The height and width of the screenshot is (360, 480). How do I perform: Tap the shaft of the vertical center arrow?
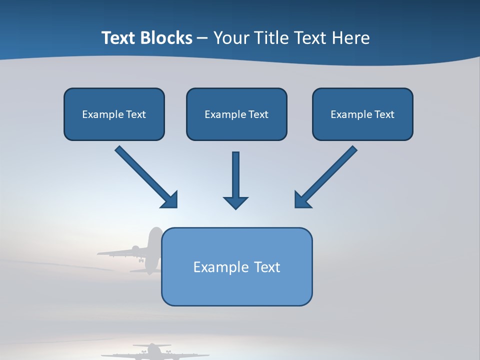tap(235, 172)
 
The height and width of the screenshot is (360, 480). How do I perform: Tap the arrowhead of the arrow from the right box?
tap(302, 200)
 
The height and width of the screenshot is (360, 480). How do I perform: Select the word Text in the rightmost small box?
tap(384, 114)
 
